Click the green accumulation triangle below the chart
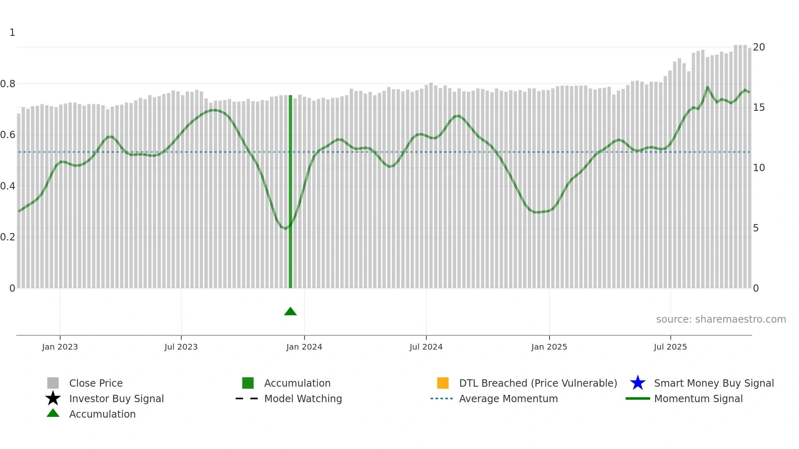tap(290, 312)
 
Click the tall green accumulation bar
tap(290, 191)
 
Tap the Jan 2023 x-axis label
tap(60, 347)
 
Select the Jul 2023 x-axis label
tap(181, 347)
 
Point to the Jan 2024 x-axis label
tap(304, 347)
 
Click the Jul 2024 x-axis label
tap(426, 347)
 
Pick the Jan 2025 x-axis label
tap(549, 347)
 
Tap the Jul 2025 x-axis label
tap(670, 347)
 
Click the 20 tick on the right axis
tap(759, 47)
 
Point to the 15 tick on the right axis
tap(759, 108)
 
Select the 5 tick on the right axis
tap(756, 228)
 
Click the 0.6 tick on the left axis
tap(8, 135)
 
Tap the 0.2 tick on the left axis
tap(8, 237)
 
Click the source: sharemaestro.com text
tap(721, 319)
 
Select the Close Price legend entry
tap(96, 383)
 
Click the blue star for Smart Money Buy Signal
tap(638, 383)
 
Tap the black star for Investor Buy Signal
tap(53, 398)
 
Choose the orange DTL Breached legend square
tap(443, 383)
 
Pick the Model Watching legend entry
tap(303, 398)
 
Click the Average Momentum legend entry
tap(508, 398)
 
